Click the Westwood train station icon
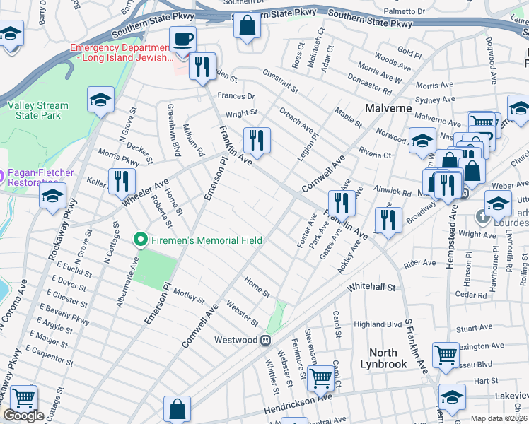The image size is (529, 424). click(266, 340)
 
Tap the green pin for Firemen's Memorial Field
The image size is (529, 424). click(140, 240)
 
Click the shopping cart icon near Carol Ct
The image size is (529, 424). click(322, 378)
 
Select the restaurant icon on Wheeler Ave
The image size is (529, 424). click(122, 181)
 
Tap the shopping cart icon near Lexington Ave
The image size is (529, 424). click(446, 355)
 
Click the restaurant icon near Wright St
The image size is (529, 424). click(257, 139)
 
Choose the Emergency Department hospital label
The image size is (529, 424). click(120, 52)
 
